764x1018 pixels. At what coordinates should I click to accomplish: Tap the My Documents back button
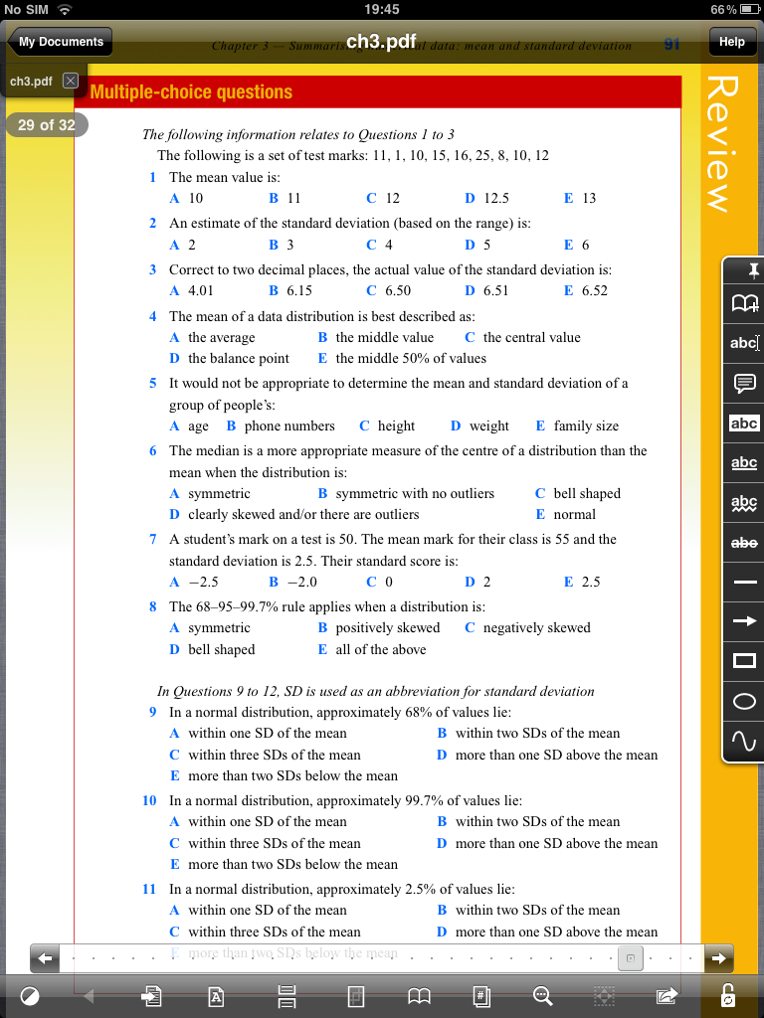click(60, 42)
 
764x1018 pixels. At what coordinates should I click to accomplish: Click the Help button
click(731, 42)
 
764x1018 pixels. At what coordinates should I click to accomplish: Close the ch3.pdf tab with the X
click(71, 81)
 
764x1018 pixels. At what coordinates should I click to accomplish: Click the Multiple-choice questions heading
click(191, 92)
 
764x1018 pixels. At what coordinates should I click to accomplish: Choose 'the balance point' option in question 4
click(238, 358)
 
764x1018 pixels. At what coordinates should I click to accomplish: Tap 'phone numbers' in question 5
click(289, 425)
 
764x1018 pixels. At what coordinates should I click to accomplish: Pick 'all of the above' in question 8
click(380, 649)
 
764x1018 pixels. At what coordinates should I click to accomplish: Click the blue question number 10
click(149, 800)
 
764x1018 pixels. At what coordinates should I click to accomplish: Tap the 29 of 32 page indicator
click(47, 125)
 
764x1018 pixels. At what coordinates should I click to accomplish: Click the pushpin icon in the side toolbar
click(744, 269)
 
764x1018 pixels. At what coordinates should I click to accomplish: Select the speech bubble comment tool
click(744, 383)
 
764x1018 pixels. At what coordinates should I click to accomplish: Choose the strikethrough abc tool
click(744, 542)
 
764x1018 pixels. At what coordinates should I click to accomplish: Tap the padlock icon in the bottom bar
click(728, 995)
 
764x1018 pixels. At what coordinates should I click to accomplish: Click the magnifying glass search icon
click(542, 995)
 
